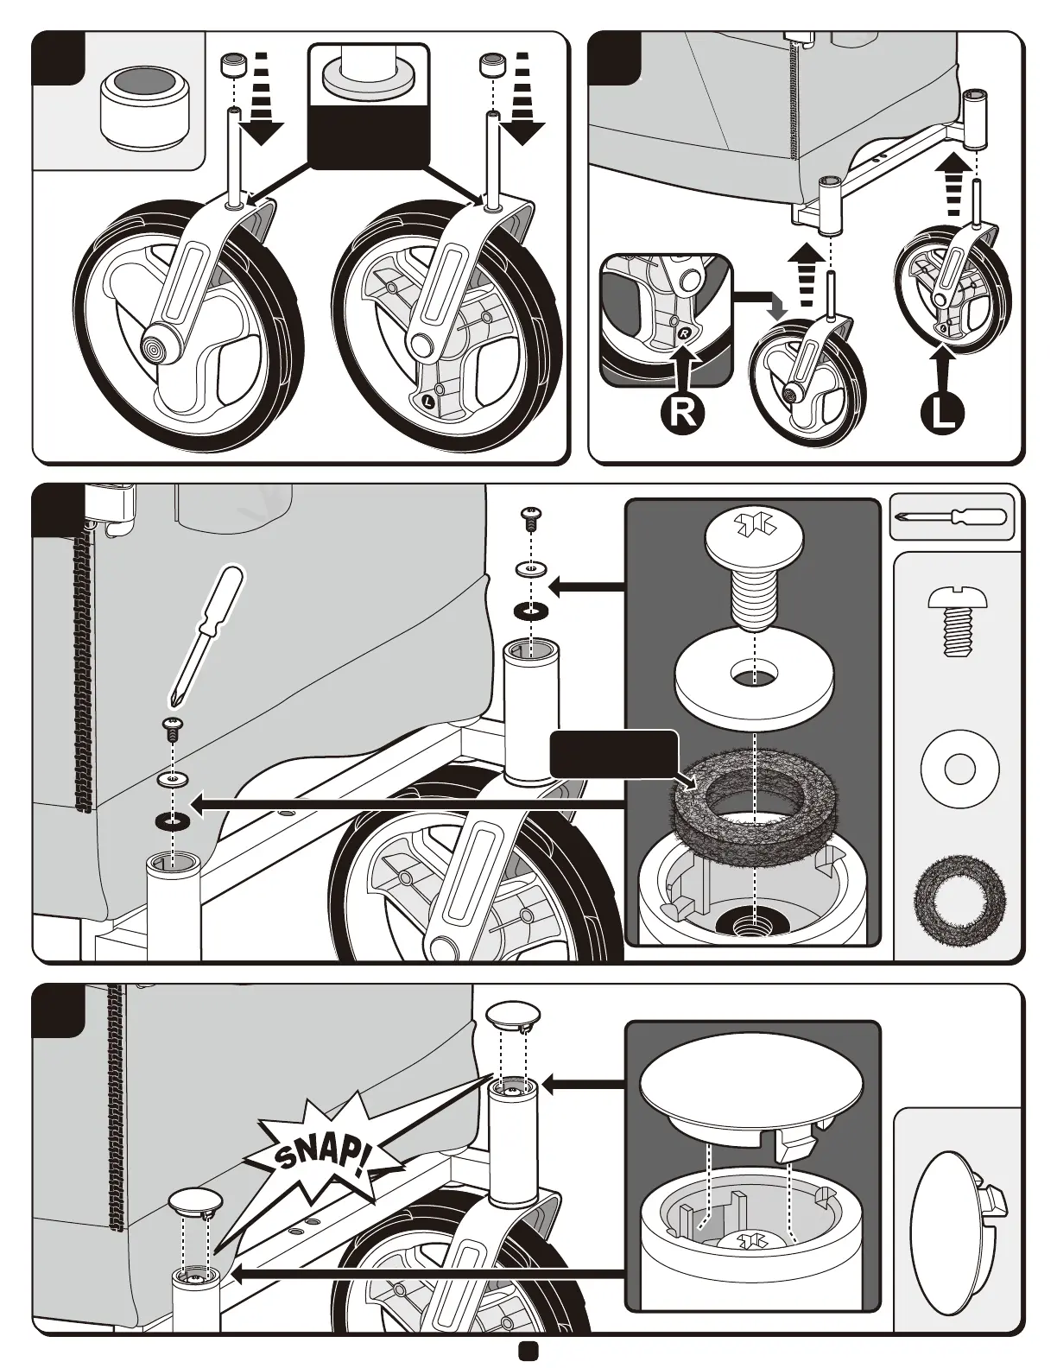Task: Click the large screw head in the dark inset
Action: (x=755, y=534)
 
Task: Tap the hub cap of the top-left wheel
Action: (x=155, y=349)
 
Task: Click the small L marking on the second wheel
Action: (x=430, y=400)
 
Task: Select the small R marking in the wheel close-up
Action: (x=683, y=332)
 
